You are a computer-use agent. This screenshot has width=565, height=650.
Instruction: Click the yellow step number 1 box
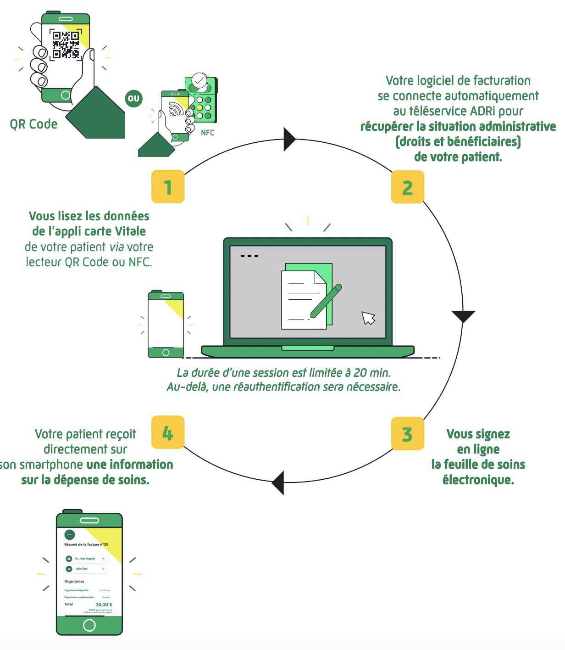[168, 187]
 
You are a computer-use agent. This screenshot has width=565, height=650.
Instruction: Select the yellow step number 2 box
[407, 187]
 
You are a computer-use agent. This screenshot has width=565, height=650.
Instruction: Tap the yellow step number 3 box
[407, 434]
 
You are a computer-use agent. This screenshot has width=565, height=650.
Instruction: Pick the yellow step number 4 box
[168, 432]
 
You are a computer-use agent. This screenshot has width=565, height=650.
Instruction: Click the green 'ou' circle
[133, 98]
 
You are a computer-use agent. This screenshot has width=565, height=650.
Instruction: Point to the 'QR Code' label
[33, 124]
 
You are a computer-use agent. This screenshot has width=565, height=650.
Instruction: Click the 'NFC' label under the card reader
[208, 133]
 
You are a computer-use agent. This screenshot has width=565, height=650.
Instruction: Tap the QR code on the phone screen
[66, 45]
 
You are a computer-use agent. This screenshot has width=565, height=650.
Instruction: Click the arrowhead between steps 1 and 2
[289, 139]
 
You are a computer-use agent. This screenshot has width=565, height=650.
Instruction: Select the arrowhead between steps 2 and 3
[463, 316]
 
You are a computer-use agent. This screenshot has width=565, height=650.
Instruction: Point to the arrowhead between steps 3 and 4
[278, 482]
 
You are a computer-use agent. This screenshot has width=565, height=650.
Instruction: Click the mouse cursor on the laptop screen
[368, 318]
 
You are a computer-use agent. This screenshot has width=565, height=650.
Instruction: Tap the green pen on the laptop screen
[326, 301]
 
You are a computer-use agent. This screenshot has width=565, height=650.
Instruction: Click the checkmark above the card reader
[199, 81]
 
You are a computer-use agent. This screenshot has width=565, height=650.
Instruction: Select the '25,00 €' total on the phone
[104, 605]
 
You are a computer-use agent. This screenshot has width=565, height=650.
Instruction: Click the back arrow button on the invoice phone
[69, 534]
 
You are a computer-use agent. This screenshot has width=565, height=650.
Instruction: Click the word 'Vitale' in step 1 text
[130, 231]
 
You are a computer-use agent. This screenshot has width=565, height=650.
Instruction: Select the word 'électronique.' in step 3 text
[478, 480]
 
